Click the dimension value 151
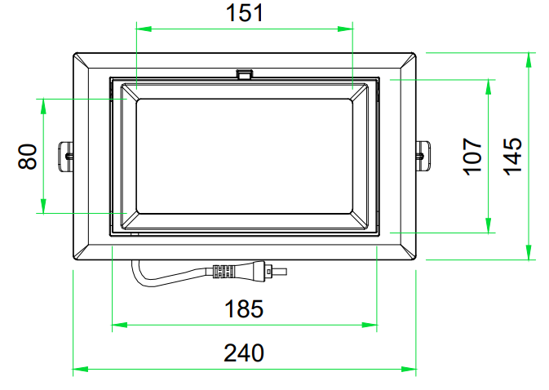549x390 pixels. (245, 13)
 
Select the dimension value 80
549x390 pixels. (28, 156)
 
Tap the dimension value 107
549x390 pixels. (472, 156)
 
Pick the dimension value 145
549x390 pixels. (512, 156)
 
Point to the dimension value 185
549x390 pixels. (244, 308)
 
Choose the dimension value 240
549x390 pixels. (244, 353)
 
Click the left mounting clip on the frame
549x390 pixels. (66, 156)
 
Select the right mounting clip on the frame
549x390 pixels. (423, 156)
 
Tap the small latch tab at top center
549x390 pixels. (245, 74)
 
